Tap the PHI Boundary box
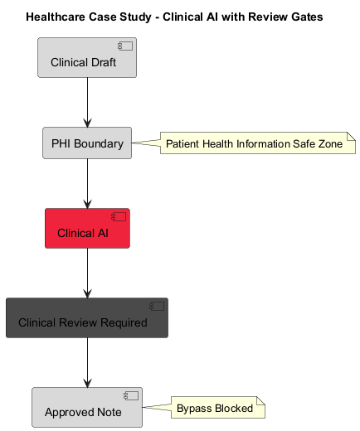(87, 143)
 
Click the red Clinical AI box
(87, 228)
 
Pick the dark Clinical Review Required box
(87, 318)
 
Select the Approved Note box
(87, 407)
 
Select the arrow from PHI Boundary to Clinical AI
(87, 183)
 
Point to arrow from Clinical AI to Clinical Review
(87, 273)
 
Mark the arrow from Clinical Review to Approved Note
(87, 362)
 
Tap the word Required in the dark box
(119, 322)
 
